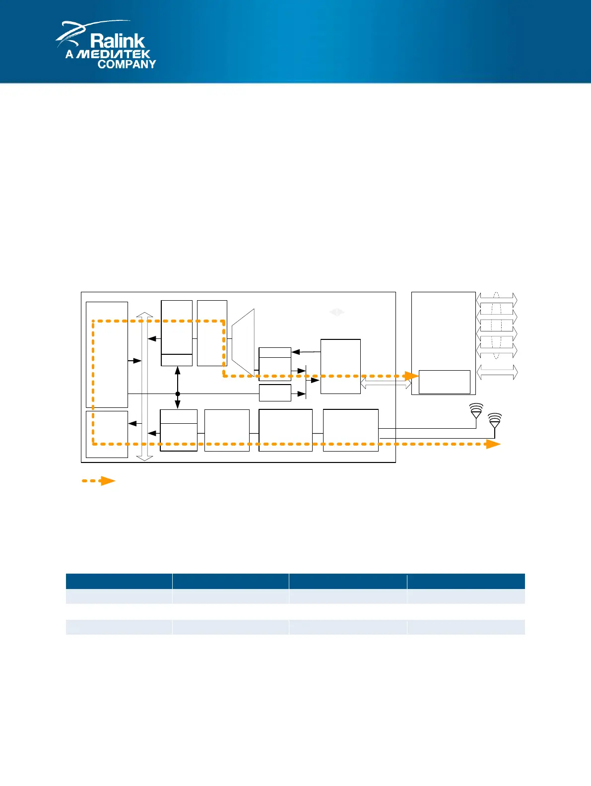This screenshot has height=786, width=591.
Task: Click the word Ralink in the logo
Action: [x=118, y=41]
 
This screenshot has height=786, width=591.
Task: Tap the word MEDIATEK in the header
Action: [x=114, y=54]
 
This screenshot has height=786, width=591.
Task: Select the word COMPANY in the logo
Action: [x=127, y=64]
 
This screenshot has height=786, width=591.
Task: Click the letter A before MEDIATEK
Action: [x=69, y=54]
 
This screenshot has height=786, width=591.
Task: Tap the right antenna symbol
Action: [x=495, y=421]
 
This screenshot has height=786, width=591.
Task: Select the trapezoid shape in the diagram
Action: [x=243, y=342]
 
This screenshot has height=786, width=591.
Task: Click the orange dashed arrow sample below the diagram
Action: [x=99, y=481]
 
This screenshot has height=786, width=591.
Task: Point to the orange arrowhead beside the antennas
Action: [x=493, y=444]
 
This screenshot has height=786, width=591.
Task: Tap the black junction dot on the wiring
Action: [x=178, y=393]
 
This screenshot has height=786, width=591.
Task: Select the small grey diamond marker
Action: [x=337, y=312]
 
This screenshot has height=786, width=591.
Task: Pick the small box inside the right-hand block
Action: [x=444, y=382]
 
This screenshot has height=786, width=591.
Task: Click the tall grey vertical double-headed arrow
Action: [x=144, y=387]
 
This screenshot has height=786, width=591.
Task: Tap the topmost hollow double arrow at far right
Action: [x=497, y=299]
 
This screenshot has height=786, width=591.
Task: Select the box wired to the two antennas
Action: [x=350, y=430]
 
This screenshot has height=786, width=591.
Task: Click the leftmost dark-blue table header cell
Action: [x=119, y=581]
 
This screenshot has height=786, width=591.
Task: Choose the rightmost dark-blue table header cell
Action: [x=465, y=581]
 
